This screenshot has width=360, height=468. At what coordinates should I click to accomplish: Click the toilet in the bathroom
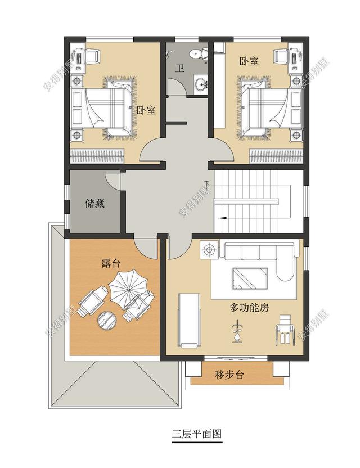(199, 53)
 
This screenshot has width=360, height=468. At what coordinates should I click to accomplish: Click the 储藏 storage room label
(94, 204)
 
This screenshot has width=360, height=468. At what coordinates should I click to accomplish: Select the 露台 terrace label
(111, 263)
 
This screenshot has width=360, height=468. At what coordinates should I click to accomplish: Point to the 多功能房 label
(249, 308)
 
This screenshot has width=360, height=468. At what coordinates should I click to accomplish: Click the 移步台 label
(229, 374)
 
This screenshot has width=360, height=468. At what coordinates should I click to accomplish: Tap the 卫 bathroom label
(179, 69)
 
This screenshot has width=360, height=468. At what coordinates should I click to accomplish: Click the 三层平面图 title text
(197, 433)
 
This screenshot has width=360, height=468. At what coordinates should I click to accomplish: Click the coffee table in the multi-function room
(250, 278)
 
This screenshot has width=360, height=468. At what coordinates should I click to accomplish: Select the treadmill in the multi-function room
(188, 321)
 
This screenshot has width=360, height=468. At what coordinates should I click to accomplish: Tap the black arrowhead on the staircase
(222, 218)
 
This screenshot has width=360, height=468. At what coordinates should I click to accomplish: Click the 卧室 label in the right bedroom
(249, 61)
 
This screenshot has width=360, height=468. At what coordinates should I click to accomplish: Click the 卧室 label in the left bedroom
(146, 110)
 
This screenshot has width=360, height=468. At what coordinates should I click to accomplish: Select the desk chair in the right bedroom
(281, 56)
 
